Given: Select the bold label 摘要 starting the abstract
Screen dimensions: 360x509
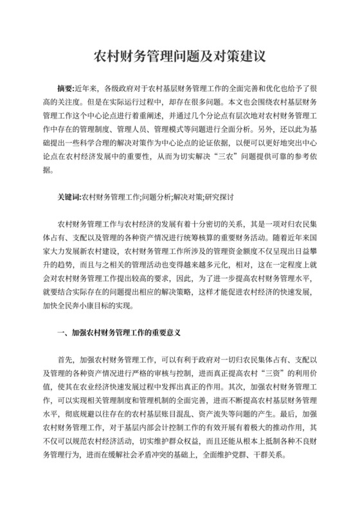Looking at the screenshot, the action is point(65,86).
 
